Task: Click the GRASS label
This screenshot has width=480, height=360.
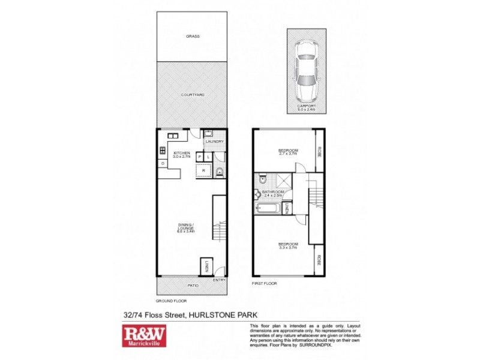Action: [x=193, y=36]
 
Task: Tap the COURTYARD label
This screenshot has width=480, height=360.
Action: [x=193, y=95]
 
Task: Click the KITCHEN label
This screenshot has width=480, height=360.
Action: [x=182, y=154]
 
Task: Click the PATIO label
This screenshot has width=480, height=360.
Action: [x=192, y=286]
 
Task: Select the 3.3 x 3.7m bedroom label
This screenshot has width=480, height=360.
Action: [x=287, y=245]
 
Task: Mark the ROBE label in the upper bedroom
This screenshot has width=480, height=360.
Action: [x=320, y=151]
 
